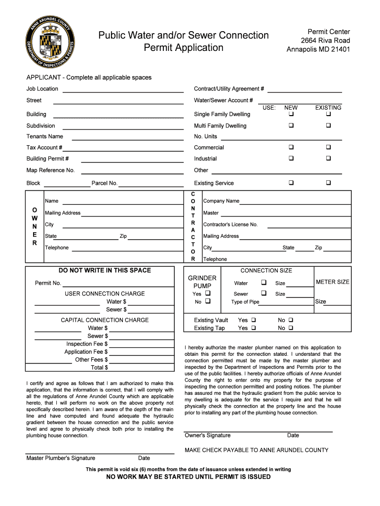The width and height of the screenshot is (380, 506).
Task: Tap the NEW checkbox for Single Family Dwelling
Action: (291, 114)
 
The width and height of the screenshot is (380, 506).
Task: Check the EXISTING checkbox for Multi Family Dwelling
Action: (328, 126)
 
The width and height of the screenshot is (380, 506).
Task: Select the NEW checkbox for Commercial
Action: (291, 147)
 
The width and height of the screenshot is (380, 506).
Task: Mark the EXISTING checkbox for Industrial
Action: (328, 159)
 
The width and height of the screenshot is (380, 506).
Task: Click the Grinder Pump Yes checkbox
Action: (207, 294)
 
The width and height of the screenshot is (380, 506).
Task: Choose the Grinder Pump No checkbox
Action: (207, 301)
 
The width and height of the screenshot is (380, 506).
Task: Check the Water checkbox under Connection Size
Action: (264, 283)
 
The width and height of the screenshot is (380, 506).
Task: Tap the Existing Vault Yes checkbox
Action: (254, 320)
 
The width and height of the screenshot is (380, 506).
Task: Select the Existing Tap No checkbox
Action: (291, 328)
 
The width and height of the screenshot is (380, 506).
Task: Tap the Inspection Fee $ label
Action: (87, 344)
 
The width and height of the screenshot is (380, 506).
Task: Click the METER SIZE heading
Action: (332, 282)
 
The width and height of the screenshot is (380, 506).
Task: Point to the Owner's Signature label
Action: (207, 435)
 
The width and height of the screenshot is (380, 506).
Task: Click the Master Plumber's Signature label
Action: (61, 458)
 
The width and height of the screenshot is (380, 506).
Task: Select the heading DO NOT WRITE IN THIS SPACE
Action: (105, 270)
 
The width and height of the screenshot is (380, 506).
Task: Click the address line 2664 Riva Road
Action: (325, 41)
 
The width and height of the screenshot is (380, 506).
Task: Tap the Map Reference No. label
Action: (50, 170)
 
